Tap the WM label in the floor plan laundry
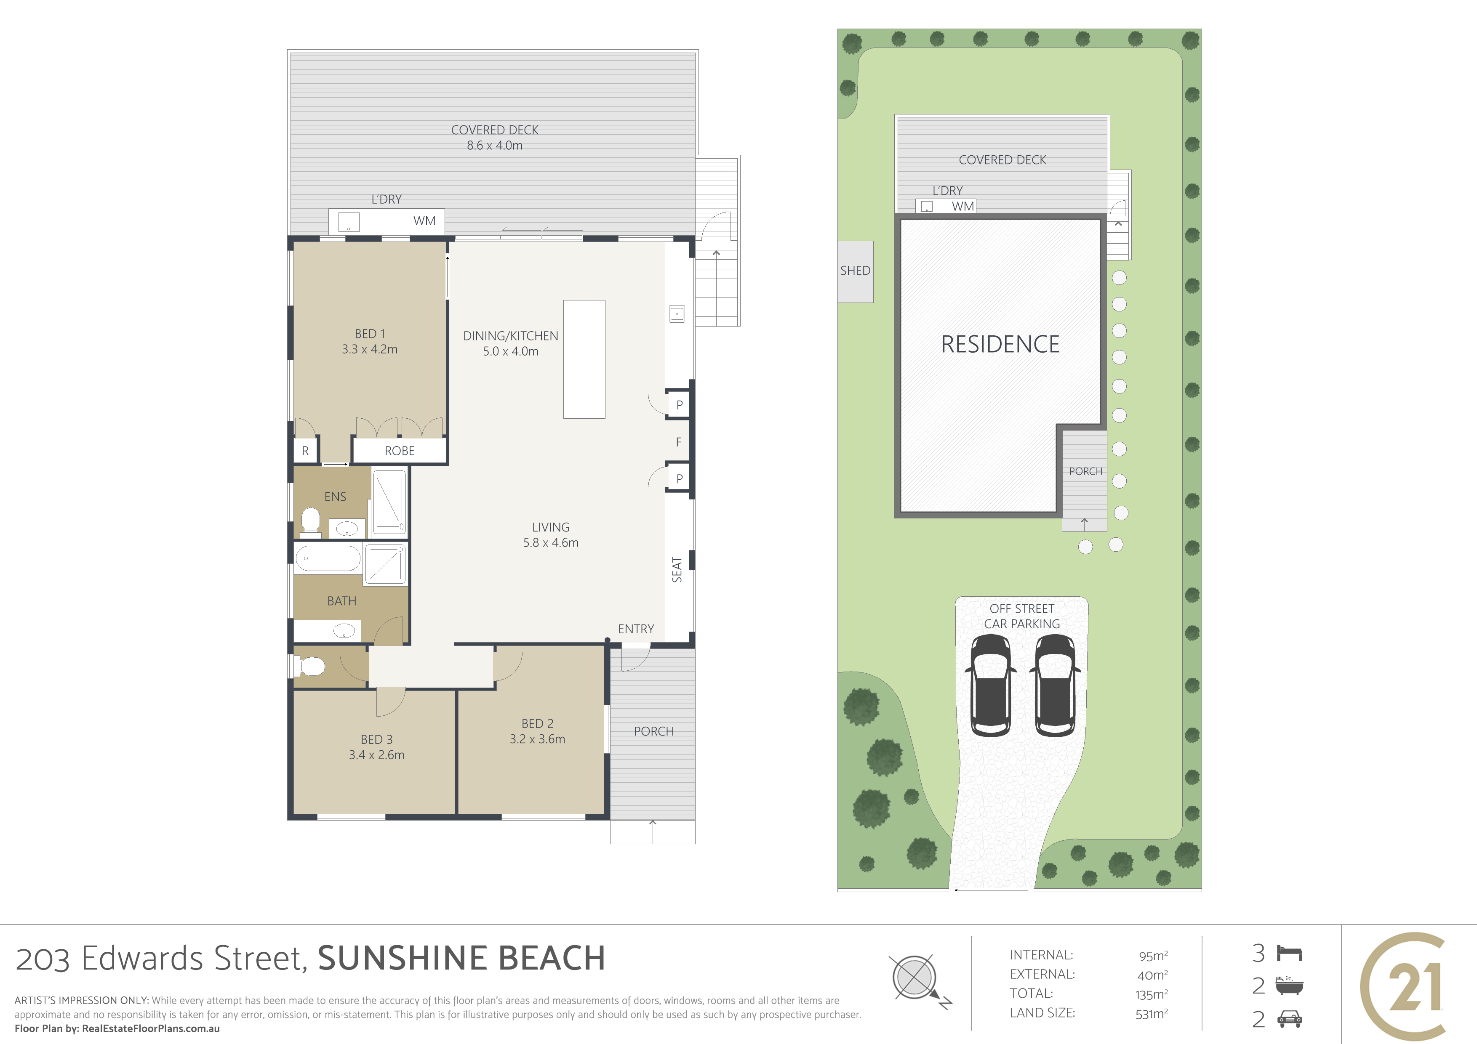[424, 220]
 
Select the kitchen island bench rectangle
[584, 359]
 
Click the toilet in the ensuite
[311, 520]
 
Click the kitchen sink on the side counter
[677, 314]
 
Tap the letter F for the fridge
[679, 442]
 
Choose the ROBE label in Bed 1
[400, 451]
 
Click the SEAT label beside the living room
[677, 570]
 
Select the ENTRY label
[636, 629]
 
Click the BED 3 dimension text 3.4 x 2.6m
[377, 755]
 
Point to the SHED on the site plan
[856, 271]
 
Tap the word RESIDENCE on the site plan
[1000, 345]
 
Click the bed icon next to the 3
[1290, 953]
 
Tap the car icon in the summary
[1290, 1018]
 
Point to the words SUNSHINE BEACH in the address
[461, 958]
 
